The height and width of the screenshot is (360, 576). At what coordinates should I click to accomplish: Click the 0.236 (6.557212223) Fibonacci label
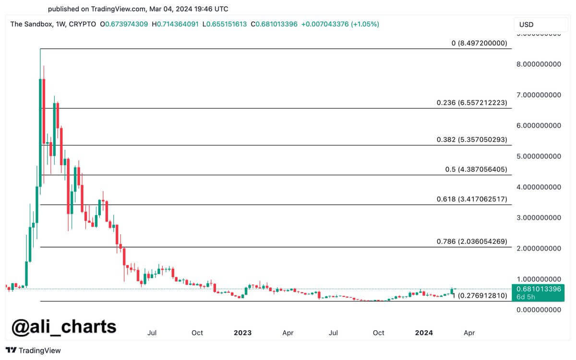[471, 103]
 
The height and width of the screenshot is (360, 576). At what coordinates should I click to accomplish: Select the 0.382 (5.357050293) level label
[471, 140]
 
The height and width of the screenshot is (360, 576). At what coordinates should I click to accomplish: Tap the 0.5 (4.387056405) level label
[476, 169]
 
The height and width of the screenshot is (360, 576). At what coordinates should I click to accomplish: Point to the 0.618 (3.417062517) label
[471, 199]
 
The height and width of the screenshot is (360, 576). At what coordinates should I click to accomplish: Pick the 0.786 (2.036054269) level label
[471, 241]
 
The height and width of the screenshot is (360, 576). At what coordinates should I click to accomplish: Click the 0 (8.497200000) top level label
[479, 43]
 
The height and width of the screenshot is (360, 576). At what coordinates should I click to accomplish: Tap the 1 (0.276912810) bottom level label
[480, 296]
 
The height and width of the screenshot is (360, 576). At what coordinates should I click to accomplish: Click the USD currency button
[527, 24]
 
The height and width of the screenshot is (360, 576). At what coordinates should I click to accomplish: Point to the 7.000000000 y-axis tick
[539, 95]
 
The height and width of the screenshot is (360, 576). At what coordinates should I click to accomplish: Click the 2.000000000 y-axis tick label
[539, 249]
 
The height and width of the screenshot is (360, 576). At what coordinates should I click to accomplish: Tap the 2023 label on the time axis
[242, 333]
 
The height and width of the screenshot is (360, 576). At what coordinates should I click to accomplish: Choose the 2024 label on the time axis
[424, 333]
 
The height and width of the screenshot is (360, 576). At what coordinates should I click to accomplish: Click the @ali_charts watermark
[64, 326]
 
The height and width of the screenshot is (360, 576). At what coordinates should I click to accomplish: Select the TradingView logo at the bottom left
[34, 350]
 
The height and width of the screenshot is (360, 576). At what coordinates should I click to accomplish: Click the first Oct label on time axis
[197, 333]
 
